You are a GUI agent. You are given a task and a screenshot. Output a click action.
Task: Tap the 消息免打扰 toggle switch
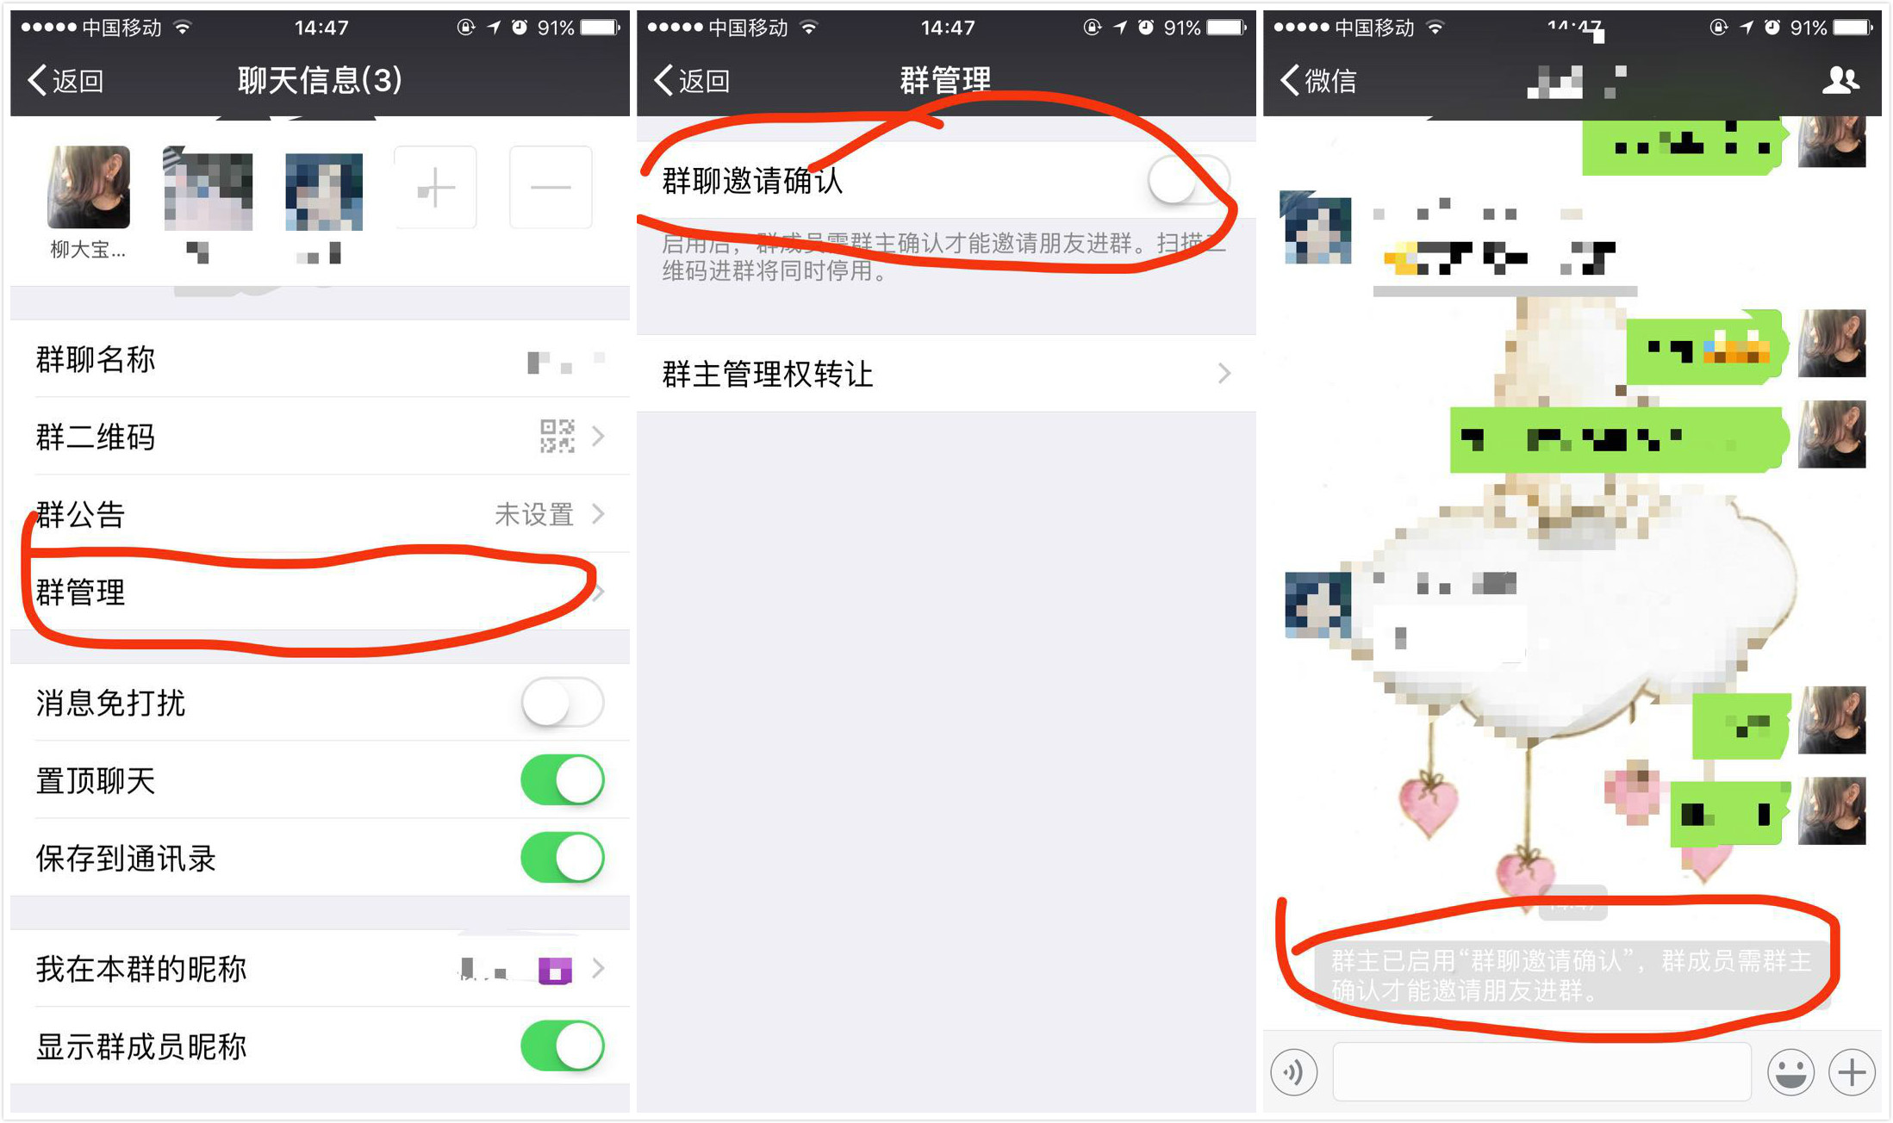(563, 702)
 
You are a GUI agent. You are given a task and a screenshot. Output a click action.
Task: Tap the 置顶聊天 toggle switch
(563, 780)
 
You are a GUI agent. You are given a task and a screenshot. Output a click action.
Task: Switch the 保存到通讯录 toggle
(563, 858)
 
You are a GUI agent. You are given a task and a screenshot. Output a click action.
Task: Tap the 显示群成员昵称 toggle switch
(563, 1046)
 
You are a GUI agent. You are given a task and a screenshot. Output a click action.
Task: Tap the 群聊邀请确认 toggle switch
(1186, 181)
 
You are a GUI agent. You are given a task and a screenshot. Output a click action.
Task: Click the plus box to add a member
(435, 188)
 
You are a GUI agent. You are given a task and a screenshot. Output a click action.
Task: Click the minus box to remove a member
(551, 188)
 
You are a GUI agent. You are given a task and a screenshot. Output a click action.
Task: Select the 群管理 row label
(81, 593)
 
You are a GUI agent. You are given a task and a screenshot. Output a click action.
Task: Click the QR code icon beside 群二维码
(557, 437)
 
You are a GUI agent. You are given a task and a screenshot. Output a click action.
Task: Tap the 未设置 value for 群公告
(534, 515)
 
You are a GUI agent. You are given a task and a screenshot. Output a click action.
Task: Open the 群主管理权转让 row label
(768, 375)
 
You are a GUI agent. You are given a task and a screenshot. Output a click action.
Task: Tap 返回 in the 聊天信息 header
(67, 81)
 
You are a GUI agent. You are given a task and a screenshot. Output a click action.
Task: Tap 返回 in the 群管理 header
(693, 81)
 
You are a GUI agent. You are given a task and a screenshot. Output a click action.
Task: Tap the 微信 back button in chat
(1319, 81)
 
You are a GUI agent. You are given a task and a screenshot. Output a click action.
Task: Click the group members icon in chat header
(1840, 80)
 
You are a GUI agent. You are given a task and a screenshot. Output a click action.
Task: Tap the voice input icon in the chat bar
(1294, 1072)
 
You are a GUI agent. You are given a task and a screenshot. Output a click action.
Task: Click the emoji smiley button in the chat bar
(1790, 1072)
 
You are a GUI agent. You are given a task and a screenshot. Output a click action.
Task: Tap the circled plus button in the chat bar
(1852, 1072)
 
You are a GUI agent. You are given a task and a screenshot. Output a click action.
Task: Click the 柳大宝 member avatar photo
(89, 188)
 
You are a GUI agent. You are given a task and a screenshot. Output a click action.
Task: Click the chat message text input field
(1541, 1072)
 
